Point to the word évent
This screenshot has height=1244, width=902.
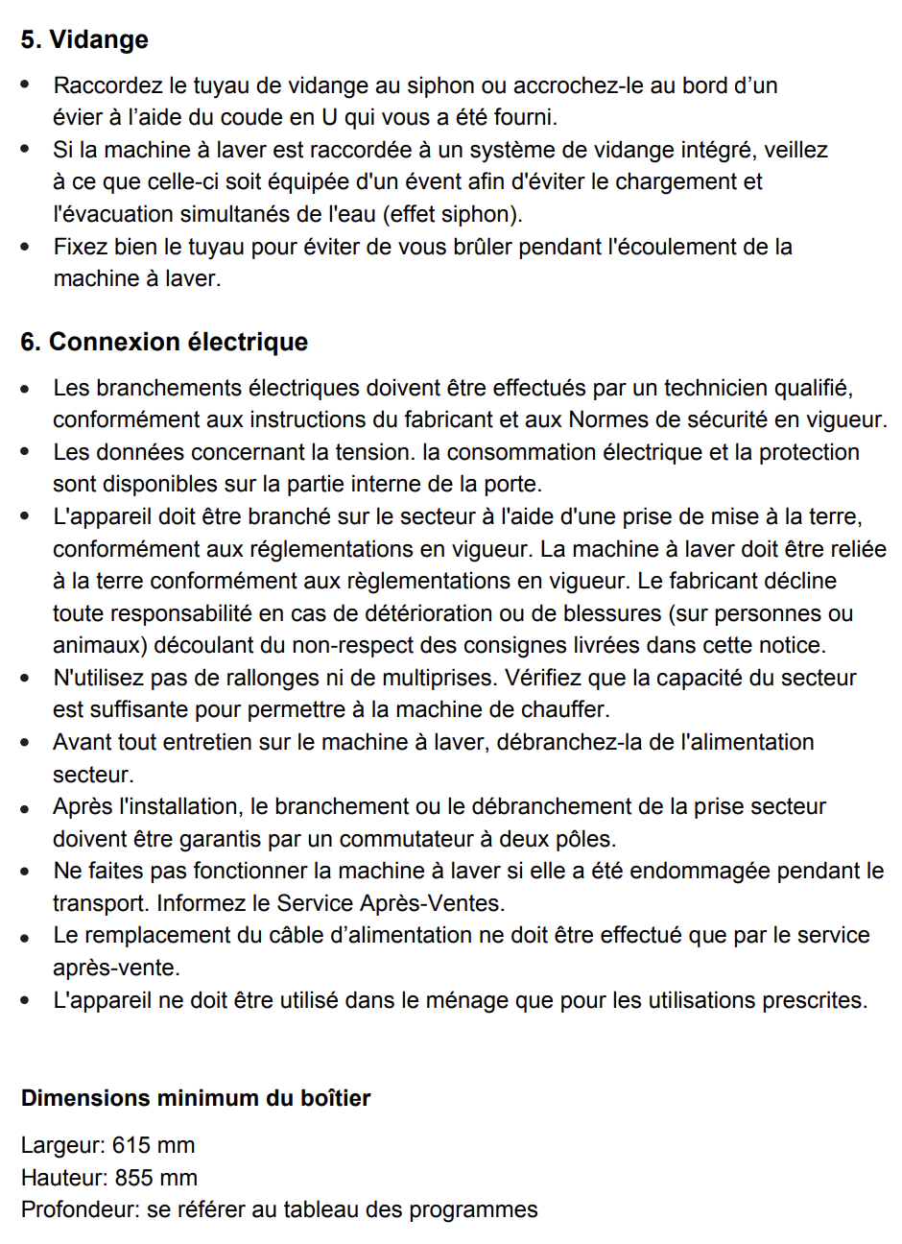coord(493,182)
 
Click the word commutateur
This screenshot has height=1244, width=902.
coord(400,839)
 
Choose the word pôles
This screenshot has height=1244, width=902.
coord(585,839)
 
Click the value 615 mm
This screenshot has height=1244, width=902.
coord(154,1145)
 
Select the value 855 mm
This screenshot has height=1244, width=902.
coord(155,1178)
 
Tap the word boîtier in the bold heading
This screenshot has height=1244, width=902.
coord(332,1098)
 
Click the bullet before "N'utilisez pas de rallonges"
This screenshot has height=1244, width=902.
coord(25,679)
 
